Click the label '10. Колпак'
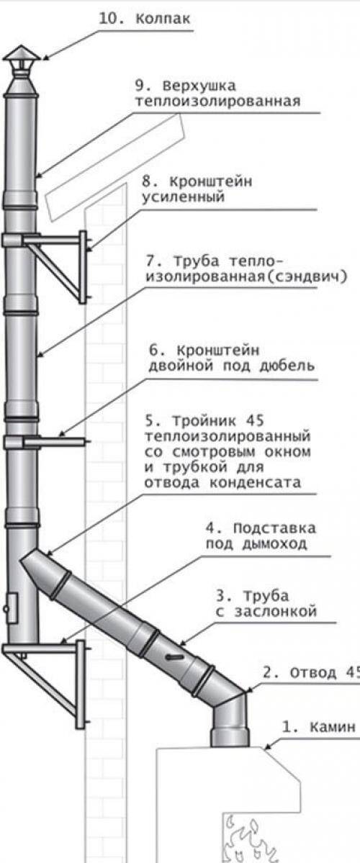coord(145,17)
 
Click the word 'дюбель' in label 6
coord(287,365)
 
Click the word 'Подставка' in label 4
coord(274,529)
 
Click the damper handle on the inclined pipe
coord(174,657)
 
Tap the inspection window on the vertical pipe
coord(11,607)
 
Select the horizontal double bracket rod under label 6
coord(54,440)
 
